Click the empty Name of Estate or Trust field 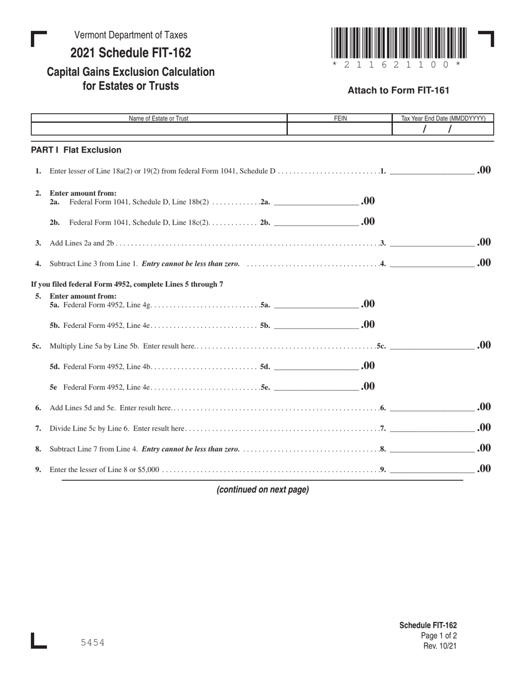click(159, 129)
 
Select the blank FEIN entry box click(339, 129)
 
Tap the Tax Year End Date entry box click(442, 129)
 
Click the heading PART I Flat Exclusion click(76, 150)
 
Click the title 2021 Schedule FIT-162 click(130, 53)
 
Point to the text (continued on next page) click(262, 489)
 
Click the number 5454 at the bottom click(92, 642)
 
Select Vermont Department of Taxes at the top click(130, 35)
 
